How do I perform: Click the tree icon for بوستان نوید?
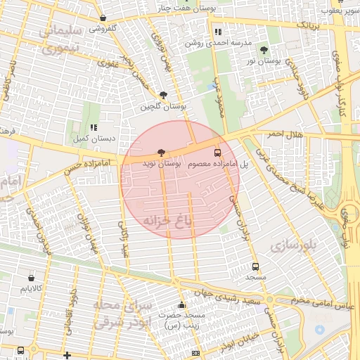tap(162, 152)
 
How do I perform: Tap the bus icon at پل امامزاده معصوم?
tap(217, 152)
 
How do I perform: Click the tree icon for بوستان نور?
tap(264, 50)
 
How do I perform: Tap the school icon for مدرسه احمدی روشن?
tap(218, 32)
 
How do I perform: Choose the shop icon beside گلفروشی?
tap(103, 18)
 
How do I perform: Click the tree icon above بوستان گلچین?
tap(164, 95)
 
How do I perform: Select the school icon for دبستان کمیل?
tap(94, 128)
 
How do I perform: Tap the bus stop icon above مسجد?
tap(255, 266)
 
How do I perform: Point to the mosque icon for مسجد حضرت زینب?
tap(182, 305)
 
